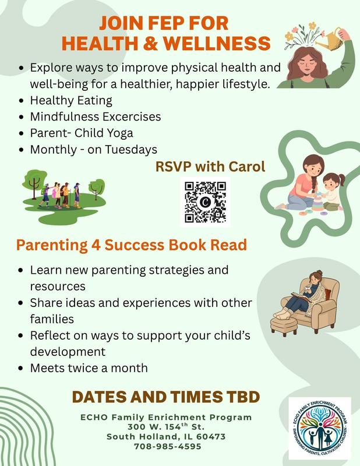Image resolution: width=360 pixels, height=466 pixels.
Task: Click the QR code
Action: point(205,202)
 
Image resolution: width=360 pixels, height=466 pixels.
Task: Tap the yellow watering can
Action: point(330,39)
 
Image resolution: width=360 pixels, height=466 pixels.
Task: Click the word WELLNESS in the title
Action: point(217,43)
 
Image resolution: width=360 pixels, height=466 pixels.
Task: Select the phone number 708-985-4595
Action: point(168,446)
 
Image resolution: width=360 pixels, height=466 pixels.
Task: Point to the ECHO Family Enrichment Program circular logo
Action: point(320,428)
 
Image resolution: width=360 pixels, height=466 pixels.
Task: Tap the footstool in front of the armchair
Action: point(284,326)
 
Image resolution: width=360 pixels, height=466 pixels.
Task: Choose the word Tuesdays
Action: point(131,150)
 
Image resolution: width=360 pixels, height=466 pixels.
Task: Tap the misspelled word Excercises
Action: point(132,116)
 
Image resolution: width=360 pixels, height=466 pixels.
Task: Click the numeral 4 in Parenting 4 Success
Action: point(96,245)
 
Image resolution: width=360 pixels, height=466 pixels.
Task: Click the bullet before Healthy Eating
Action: point(21,101)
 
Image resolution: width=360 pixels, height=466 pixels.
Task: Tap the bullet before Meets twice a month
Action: point(21,368)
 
